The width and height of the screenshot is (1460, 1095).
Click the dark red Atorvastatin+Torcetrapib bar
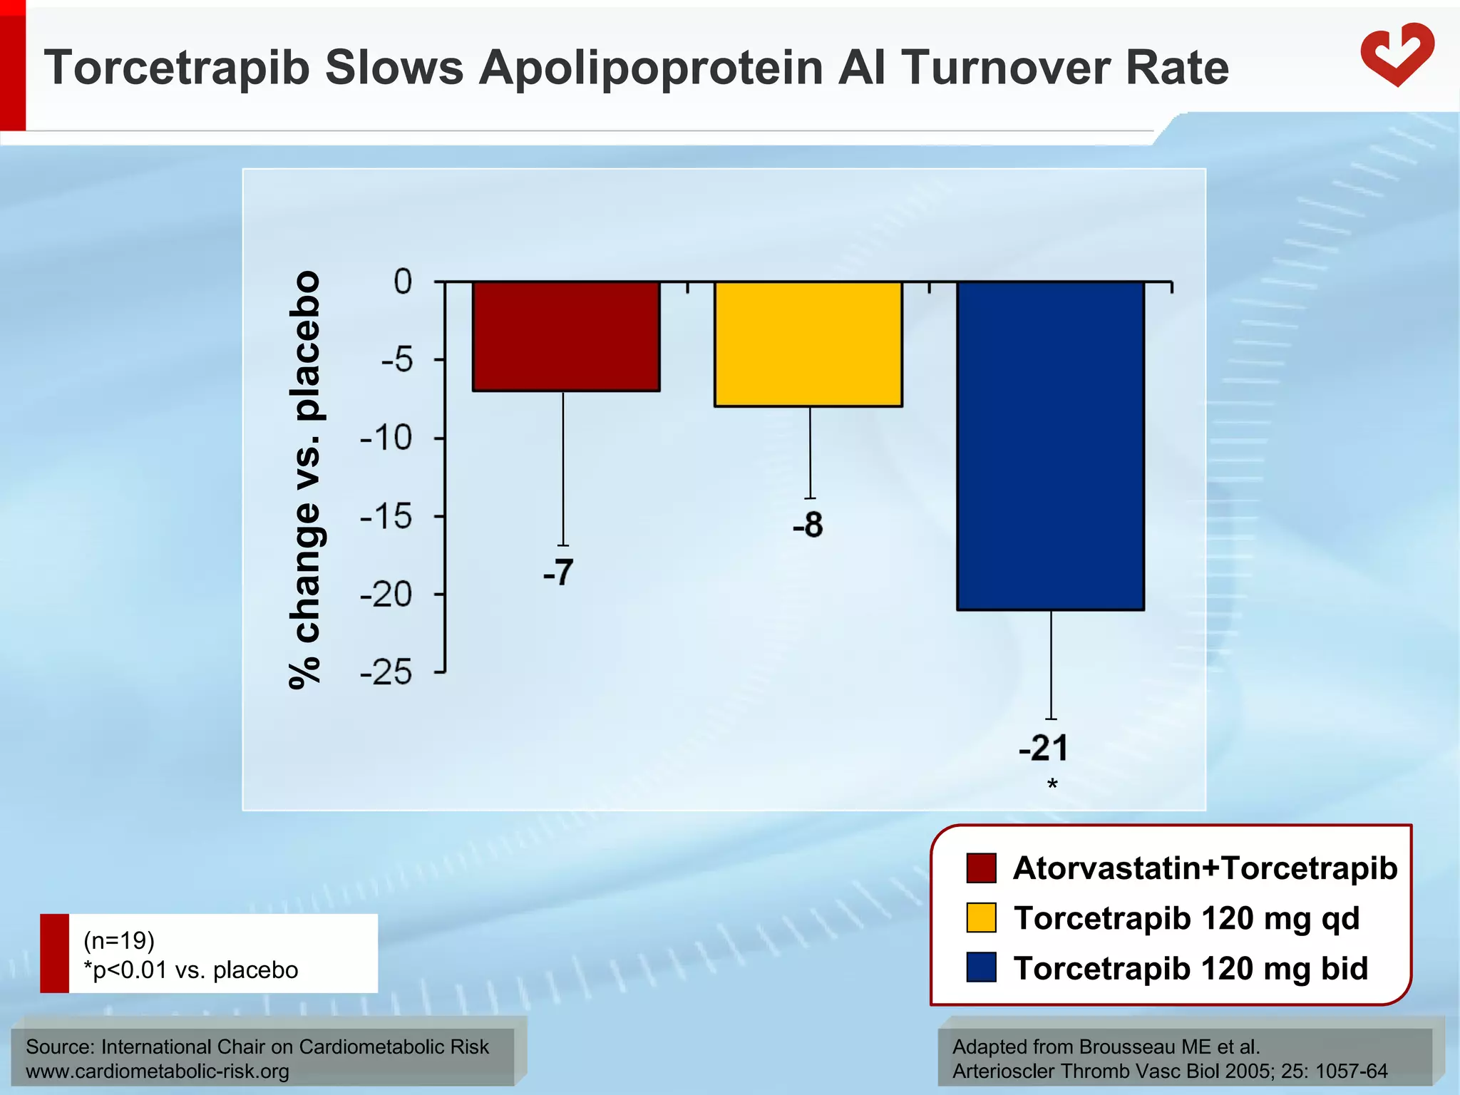tap(566, 336)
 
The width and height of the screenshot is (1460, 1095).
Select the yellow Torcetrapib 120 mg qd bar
tap(808, 344)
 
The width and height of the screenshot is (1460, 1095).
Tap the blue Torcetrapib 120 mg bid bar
tap(1050, 446)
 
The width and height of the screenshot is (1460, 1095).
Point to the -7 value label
tap(558, 572)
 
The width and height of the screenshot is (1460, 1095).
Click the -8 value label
tap(808, 525)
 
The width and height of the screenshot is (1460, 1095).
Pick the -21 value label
tap(1044, 749)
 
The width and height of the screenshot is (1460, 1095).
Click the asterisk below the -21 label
tap(1052, 786)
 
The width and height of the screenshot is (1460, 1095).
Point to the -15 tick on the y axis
tap(386, 516)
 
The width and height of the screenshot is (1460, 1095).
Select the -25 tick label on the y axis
tap(386, 672)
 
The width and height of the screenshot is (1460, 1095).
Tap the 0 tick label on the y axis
tap(403, 282)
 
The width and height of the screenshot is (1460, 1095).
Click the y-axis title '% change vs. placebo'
tap(305, 480)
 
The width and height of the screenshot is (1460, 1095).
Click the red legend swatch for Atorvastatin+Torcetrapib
tap(981, 868)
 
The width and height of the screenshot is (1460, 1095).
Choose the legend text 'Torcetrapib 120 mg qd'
tap(1186, 918)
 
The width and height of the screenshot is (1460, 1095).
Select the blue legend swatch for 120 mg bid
tap(981, 967)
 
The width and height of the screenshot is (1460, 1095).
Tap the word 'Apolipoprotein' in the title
tap(650, 68)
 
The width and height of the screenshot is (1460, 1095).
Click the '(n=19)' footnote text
tap(119, 940)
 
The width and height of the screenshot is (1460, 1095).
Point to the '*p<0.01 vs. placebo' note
tap(191, 970)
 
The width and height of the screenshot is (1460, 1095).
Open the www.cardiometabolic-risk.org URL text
tap(158, 1071)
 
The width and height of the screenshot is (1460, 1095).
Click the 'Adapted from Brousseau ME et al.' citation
tap(1106, 1047)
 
